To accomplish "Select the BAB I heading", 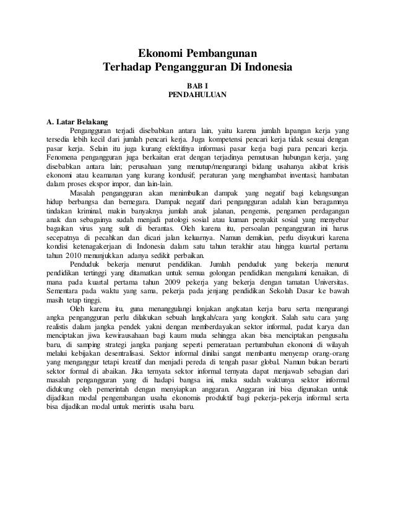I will point(197,85).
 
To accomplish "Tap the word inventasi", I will point(310,174).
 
